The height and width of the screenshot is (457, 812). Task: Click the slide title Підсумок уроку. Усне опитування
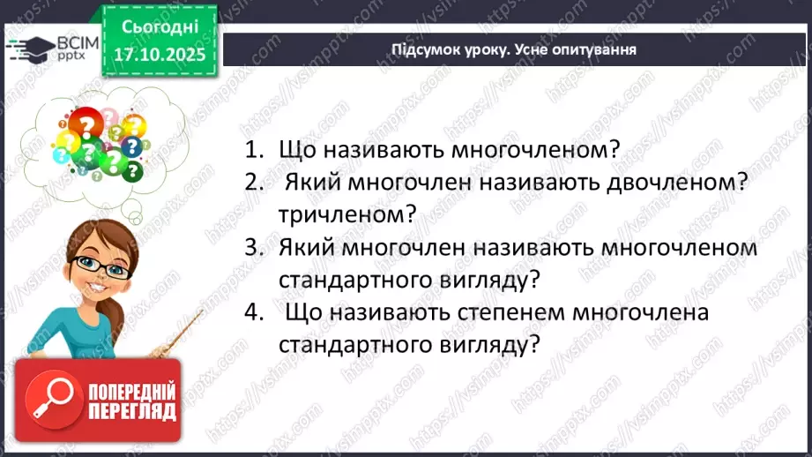[x=514, y=49]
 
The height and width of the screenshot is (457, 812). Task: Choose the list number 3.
[x=254, y=248]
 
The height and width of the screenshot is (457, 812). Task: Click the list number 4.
[x=254, y=312]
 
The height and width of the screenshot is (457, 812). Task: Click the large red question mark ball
[x=86, y=126]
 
